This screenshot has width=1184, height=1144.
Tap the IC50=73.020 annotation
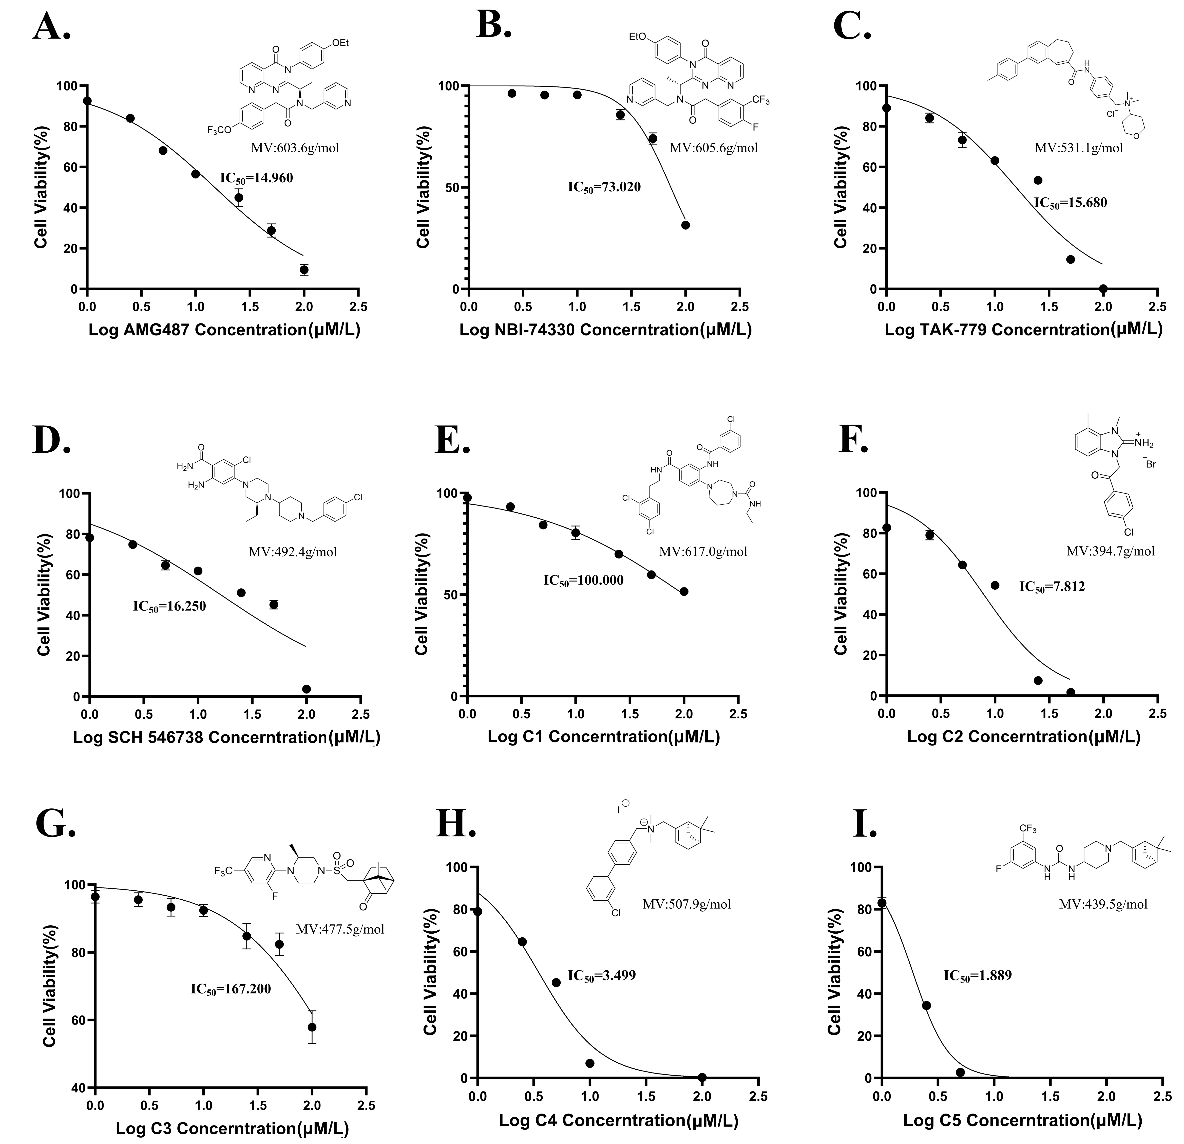coord(604,187)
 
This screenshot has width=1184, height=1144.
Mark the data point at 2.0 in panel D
coord(306,689)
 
